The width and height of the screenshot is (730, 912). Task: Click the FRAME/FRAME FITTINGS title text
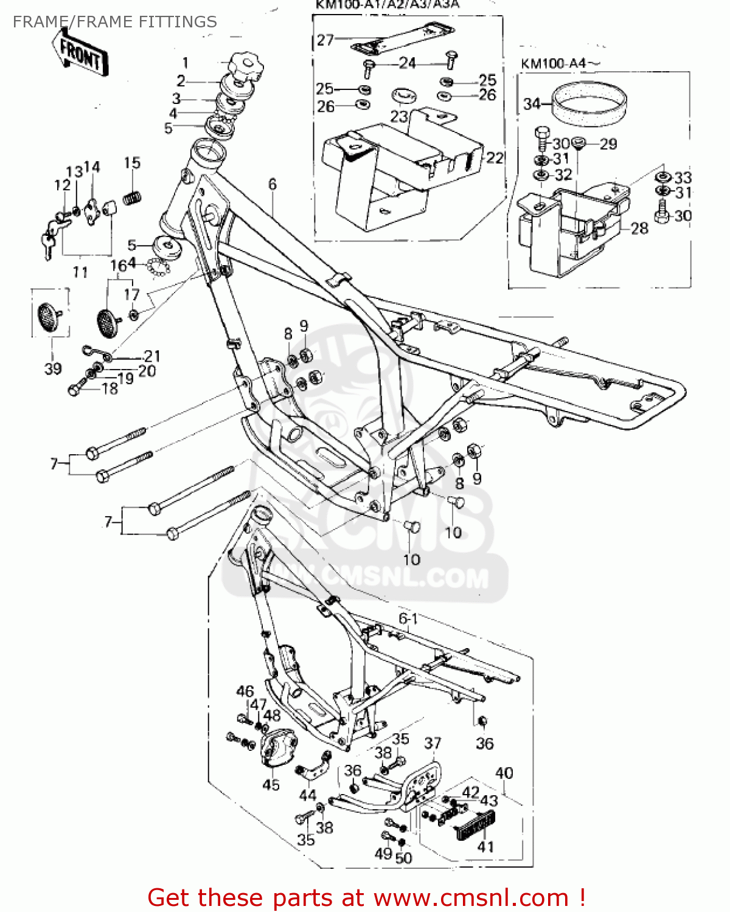tap(114, 22)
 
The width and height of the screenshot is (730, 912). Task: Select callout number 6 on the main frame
tap(272, 184)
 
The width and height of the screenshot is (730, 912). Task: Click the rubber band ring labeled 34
tap(589, 103)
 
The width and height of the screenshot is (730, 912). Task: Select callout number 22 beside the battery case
tap(495, 158)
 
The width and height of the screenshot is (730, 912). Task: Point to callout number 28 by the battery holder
tap(639, 228)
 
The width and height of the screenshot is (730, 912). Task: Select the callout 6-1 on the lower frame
tap(408, 618)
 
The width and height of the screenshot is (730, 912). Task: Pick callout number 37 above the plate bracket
tap(433, 743)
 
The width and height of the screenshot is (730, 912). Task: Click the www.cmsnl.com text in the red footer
tap(470, 897)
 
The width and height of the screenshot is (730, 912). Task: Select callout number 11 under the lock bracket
tap(80, 272)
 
